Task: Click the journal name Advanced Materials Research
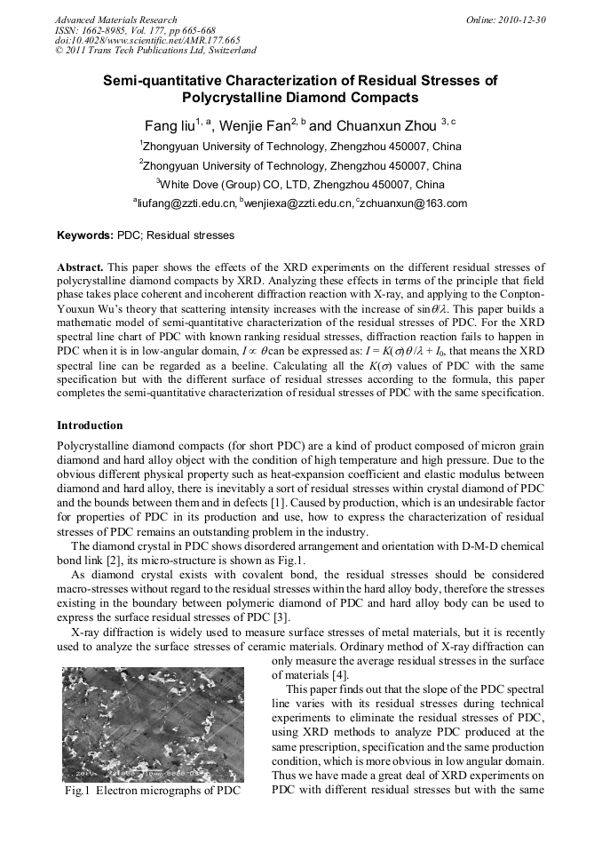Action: pos(115,20)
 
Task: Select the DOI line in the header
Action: pos(147,41)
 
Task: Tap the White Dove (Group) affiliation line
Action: pos(300,185)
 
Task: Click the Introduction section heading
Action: pos(90,426)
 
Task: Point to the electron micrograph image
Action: pos(153,725)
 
